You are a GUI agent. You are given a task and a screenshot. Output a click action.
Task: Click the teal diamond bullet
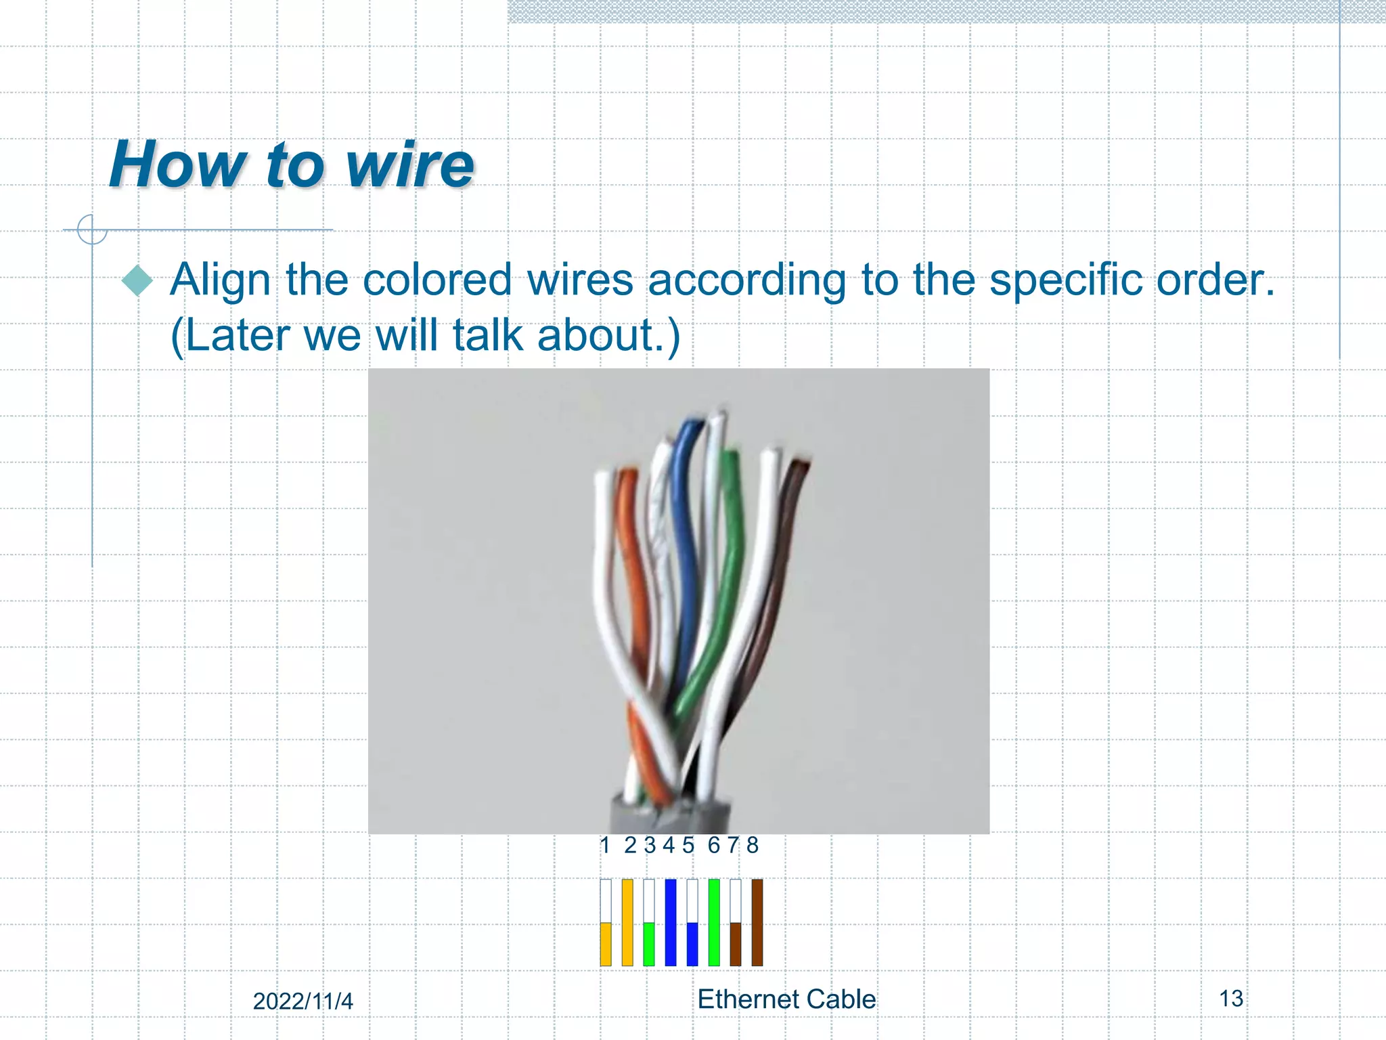tap(138, 280)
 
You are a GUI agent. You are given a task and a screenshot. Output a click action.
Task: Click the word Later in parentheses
tap(237, 335)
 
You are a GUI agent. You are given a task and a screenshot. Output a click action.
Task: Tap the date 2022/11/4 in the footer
tap(303, 1001)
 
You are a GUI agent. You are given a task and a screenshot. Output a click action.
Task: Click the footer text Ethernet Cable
tap(786, 999)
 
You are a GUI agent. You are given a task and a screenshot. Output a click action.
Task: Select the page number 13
tap(1231, 999)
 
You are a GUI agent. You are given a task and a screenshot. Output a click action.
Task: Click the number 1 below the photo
tap(605, 845)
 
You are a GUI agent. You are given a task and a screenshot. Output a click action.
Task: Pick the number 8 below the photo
tap(753, 845)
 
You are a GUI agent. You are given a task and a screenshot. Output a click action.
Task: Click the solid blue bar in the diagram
tap(671, 922)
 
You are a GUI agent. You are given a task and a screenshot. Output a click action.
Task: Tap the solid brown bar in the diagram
tap(757, 922)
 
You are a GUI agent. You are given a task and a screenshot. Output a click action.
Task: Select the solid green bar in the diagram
tap(714, 922)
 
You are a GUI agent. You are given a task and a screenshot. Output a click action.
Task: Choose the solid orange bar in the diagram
tap(627, 922)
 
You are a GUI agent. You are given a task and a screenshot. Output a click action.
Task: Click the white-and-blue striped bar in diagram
tap(692, 922)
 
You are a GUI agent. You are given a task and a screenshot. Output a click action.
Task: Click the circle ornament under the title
tap(92, 230)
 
